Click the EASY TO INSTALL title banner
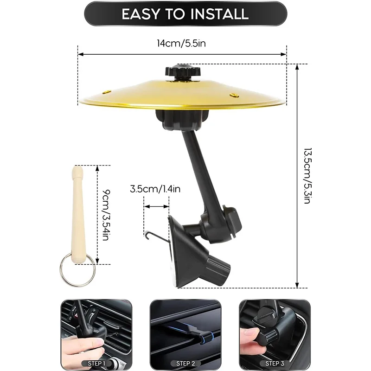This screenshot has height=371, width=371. [x=185, y=13]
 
